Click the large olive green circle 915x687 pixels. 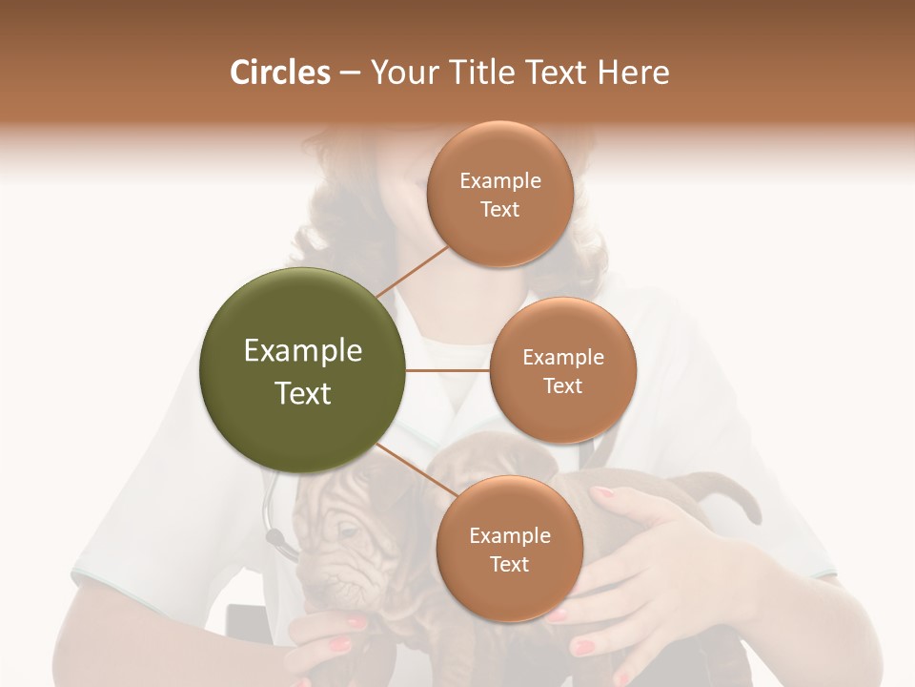click(x=303, y=371)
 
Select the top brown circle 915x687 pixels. click(x=500, y=194)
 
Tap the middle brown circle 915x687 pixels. click(x=562, y=370)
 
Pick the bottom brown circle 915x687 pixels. click(x=509, y=549)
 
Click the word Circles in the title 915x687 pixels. click(x=280, y=73)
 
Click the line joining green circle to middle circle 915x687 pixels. click(x=448, y=370)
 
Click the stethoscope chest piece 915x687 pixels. click(x=282, y=547)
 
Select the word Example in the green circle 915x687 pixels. click(x=303, y=351)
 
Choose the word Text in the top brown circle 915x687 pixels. click(x=500, y=210)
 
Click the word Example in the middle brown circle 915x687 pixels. click(x=562, y=358)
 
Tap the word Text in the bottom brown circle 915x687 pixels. click(x=509, y=565)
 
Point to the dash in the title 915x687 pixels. click(x=349, y=73)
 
